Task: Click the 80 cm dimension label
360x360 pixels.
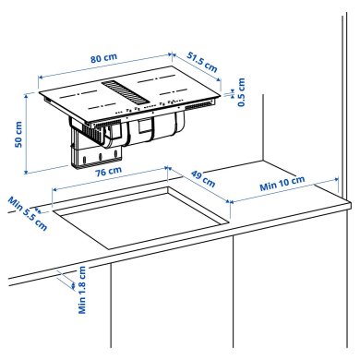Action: [104, 58]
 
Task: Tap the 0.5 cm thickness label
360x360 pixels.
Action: [242, 93]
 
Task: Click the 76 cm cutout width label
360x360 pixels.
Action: [108, 171]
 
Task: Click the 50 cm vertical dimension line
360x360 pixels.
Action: [29, 135]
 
